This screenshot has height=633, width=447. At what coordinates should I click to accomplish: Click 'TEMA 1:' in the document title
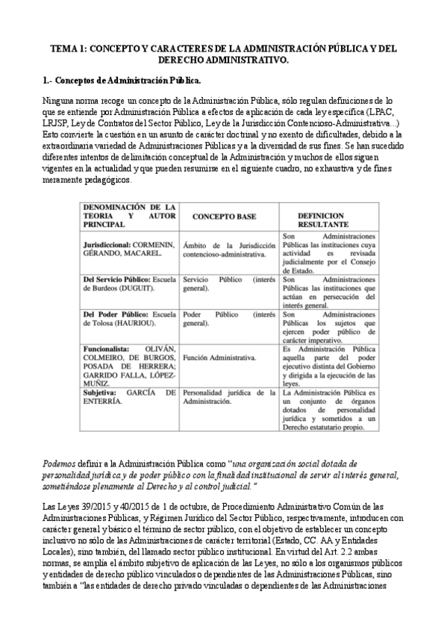69,48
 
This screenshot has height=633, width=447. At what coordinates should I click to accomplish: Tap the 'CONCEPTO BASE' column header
224,216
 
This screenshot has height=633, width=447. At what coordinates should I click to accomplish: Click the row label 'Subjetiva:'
103,391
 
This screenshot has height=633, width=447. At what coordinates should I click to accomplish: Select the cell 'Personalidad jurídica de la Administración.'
228,396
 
